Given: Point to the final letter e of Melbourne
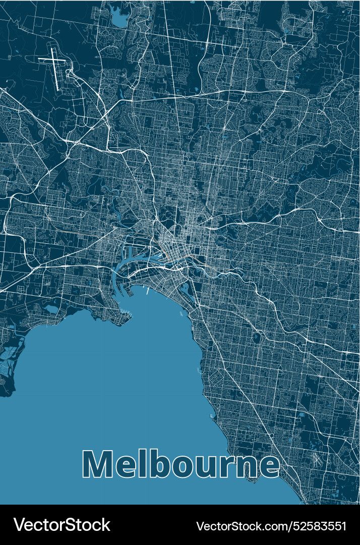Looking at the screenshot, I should tap(268, 467).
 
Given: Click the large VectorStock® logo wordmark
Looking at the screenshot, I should tap(62, 525).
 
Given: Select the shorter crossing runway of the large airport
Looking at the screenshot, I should tap(52, 60).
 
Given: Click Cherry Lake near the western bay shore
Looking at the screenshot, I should tap(52, 307).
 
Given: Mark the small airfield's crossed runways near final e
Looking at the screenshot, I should tap(317, 459).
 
